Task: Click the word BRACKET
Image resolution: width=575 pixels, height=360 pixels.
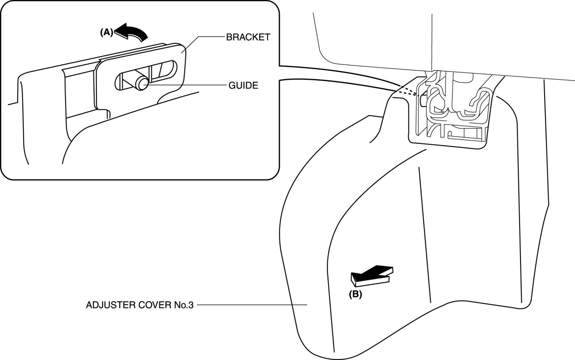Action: [x=248, y=37]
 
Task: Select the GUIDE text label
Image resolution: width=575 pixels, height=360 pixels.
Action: [x=243, y=85]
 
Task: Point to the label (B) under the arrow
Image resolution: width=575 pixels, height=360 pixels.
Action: [x=355, y=295]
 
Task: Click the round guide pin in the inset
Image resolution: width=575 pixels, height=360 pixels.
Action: [x=140, y=83]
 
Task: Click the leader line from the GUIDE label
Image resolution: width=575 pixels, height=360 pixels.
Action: [x=186, y=85]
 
